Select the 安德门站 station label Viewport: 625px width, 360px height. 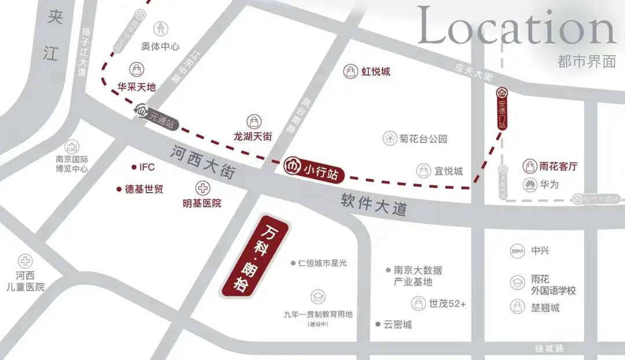click(502, 108)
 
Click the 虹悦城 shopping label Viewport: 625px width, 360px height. click(376, 72)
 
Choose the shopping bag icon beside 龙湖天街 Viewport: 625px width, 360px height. click(253, 122)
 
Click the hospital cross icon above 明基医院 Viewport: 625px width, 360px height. click(202, 188)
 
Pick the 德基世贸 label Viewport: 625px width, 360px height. click(144, 189)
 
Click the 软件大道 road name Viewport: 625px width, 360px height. click(374, 204)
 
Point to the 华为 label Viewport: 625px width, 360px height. click(549, 185)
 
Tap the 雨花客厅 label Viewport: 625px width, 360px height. click(558, 167)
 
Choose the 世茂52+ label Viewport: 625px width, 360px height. click(447, 303)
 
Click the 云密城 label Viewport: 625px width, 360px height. click(398, 325)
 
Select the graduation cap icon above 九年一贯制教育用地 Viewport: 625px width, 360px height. click(317, 297)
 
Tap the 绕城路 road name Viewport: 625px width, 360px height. click(550, 348)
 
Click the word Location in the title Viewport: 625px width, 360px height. click(516, 27)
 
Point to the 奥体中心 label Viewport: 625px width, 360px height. click(160, 46)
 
